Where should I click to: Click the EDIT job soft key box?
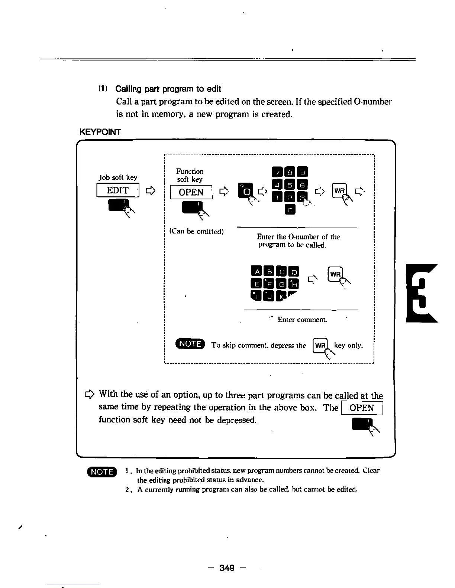click(x=117, y=190)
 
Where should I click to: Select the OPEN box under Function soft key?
click(x=191, y=192)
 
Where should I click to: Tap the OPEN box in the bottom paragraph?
click(x=362, y=408)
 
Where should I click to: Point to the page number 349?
click(x=227, y=568)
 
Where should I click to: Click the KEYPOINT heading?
click(x=100, y=132)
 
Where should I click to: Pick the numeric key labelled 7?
click(x=277, y=172)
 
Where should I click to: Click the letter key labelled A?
click(x=256, y=272)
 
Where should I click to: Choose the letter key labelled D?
click(x=294, y=272)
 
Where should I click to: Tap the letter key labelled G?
click(x=282, y=284)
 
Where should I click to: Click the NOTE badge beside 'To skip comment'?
click(x=190, y=344)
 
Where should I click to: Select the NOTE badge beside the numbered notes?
click(x=101, y=471)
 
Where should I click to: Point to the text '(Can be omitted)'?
click(x=196, y=231)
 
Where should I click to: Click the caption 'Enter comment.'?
click(x=302, y=320)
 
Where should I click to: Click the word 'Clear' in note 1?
click(x=371, y=471)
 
